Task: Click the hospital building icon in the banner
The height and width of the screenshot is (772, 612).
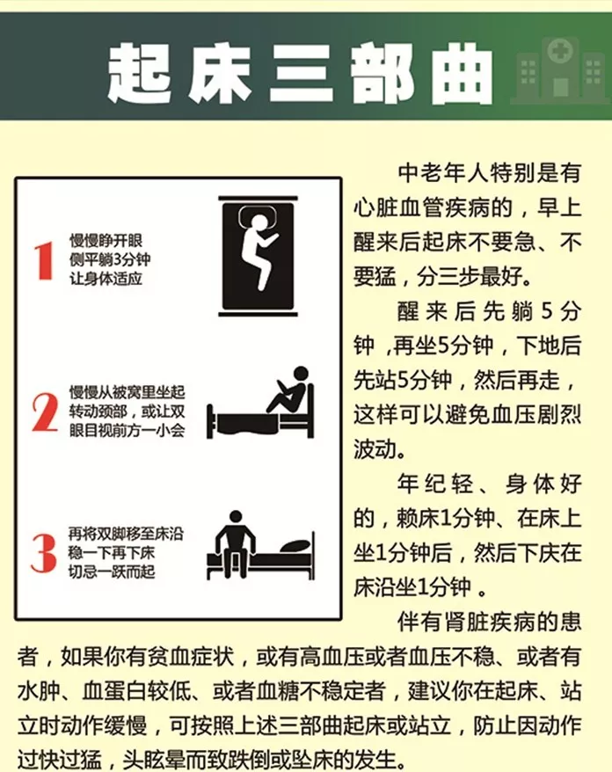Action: tap(560, 70)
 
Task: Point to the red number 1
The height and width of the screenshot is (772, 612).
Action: tap(44, 261)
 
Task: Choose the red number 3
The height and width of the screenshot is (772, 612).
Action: tap(44, 553)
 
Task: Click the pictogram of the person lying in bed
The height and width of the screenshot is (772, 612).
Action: tap(258, 256)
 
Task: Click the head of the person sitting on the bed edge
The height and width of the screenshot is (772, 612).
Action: tap(236, 517)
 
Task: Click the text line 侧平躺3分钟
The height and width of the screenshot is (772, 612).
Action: tap(110, 259)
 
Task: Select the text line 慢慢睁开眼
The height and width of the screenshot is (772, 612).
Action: tap(106, 241)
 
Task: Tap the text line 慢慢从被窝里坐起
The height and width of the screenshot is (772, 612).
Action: tap(127, 392)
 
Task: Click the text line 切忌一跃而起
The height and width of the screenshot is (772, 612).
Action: tap(112, 572)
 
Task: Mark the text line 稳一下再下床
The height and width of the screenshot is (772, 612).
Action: tap(112, 552)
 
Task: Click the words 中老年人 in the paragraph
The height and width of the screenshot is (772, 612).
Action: tap(441, 173)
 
